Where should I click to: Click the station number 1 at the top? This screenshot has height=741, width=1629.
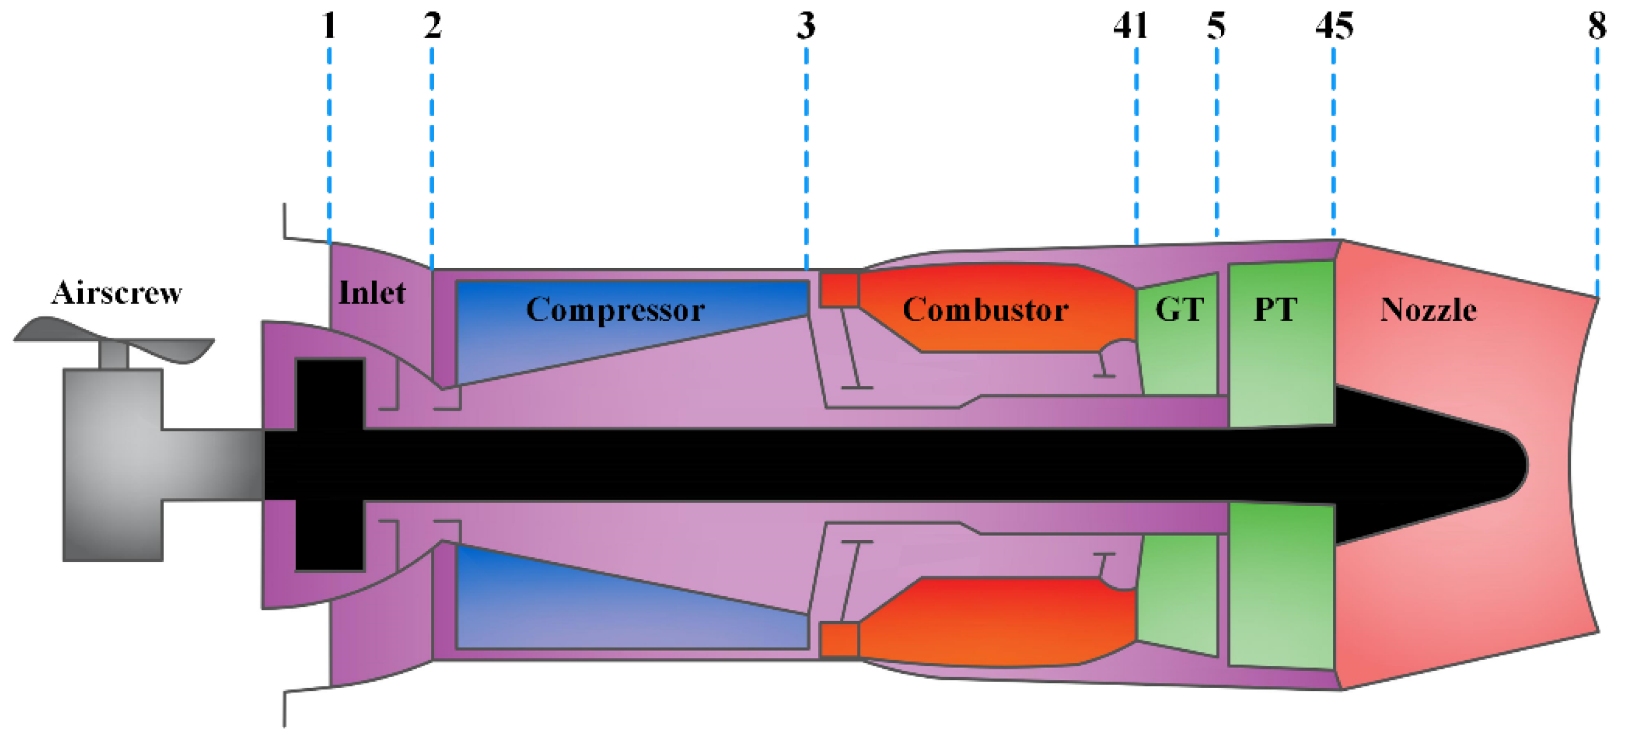[x=328, y=27]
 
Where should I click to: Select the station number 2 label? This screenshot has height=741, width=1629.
[x=432, y=27]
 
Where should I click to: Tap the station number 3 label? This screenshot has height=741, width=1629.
[x=806, y=27]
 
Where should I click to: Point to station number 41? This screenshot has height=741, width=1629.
[x=1131, y=27]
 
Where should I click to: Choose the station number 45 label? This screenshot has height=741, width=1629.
[x=1335, y=27]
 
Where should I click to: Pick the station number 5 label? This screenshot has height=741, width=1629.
[x=1216, y=27]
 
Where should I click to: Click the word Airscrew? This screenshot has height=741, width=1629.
[x=117, y=293]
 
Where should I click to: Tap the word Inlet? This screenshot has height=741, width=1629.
[x=372, y=293]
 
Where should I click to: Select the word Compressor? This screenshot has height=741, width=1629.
[x=615, y=310]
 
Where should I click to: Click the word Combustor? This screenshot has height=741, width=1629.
[x=985, y=310]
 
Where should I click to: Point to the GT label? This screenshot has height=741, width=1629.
[x=1179, y=310]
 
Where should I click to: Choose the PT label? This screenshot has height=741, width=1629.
[x=1275, y=310]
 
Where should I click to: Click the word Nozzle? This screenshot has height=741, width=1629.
[x=1429, y=310]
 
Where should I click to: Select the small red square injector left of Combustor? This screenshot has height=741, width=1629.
[x=839, y=290]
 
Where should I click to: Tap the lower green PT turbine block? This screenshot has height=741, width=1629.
[x=1281, y=585]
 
